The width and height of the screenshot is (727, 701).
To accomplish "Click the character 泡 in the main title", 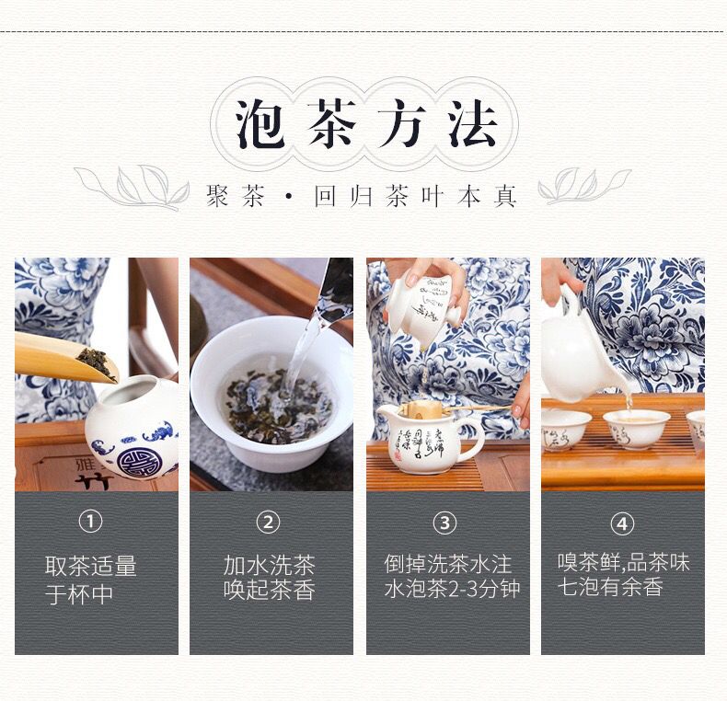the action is point(259,124).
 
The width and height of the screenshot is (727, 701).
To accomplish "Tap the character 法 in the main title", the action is point(473,124).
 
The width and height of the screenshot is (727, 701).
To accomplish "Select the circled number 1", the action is point(90,522).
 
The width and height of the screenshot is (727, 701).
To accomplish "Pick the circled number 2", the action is point(268,523).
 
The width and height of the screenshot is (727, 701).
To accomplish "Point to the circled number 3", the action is point(444,523).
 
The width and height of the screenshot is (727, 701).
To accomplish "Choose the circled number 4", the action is point(622,523).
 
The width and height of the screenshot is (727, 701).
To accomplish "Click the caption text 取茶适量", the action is point(91,566).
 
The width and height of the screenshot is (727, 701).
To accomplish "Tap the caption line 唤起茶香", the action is point(270,591).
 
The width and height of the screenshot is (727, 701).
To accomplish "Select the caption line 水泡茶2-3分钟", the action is point(452,589).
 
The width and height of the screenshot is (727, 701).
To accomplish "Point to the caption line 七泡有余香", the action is point(610,587).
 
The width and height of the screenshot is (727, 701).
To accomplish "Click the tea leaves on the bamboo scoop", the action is point(96,362).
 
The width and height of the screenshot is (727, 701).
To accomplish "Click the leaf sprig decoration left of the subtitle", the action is point(133,188).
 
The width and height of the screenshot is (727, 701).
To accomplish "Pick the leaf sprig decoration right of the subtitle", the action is point(584,187).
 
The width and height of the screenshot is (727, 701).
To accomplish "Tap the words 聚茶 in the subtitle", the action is point(236,196).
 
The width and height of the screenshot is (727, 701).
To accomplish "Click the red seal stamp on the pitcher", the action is point(398,455).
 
